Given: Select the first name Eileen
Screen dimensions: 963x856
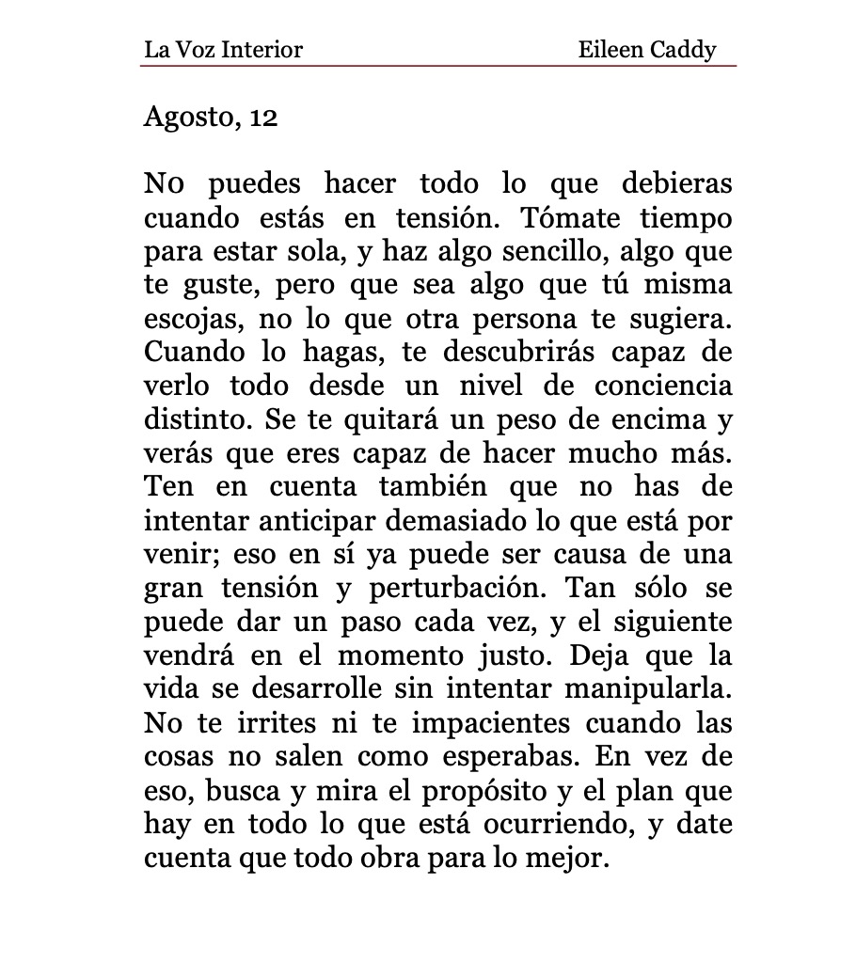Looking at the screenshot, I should click(x=610, y=49).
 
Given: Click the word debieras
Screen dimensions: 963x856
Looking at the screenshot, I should click(x=677, y=183).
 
